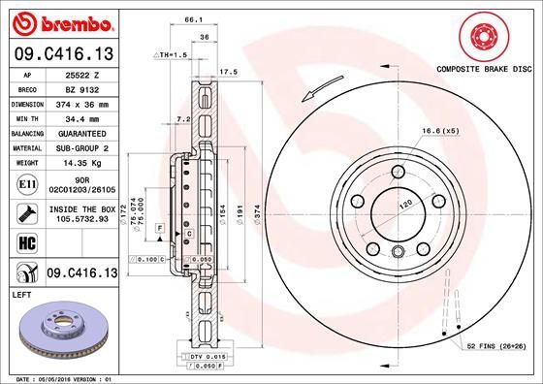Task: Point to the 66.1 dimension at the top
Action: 193,19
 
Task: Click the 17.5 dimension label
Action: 230,72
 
